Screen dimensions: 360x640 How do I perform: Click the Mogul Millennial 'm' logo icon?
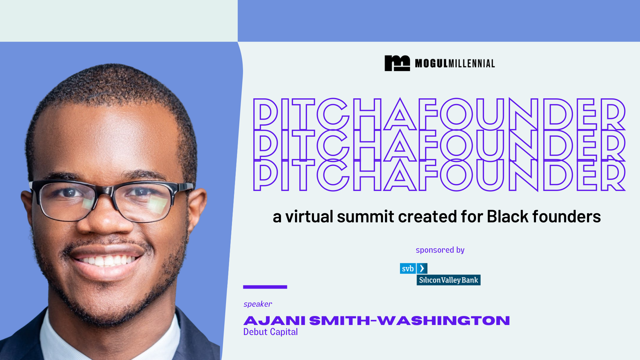pyautogui.click(x=397, y=63)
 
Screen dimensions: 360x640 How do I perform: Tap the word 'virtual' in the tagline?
pyautogui.click(x=309, y=217)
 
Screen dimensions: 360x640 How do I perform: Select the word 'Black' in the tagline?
pyautogui.click(x=508, y=217)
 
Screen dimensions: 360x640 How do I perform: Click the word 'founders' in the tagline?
pyautogui.click(x=566, y=217)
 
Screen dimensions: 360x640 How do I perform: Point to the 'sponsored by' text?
pyautogui.click(x=440, y=250)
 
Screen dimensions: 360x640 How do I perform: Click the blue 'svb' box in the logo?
pyautogui.click(x=408, y=268)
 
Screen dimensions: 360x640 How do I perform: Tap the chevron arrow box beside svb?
pyautogui.click(x=422, y=268)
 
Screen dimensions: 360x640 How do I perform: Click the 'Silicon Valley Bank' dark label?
pyautogui.click(x=448, y=280)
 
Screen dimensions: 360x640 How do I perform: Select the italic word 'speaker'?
pyautogui.click(x=258, y=304)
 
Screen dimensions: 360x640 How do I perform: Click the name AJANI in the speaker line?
pyautogui.click(x=274, y=321)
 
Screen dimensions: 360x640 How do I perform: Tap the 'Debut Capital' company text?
pyautogui.click(x=270, y=332)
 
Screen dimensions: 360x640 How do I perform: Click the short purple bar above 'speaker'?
pyautogui.click(x=265, y=287)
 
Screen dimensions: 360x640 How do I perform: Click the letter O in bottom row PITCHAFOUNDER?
pyautogui.click(x=456, y=175)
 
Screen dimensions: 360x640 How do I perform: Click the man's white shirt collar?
pyautogui.click(x=63, y=340)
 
